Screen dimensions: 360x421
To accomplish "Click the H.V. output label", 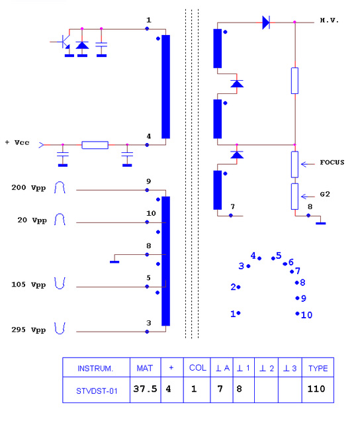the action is point(330,20).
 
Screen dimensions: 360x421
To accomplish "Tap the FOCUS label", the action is point(332,162).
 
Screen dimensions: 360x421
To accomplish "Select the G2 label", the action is point(325,194).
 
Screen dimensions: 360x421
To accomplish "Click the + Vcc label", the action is point(17,142).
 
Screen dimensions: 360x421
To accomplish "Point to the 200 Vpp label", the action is point(28,187).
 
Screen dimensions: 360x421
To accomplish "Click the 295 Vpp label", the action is point(28,330).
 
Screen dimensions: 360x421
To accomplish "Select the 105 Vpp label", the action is point(28,285).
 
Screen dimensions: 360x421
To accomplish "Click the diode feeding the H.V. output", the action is point(266,23).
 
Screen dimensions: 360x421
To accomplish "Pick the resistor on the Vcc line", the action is point(95,145).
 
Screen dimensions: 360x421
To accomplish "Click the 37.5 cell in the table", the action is point(145,389).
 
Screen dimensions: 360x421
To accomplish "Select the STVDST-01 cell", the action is point(97,391).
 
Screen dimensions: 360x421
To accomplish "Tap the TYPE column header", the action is point(318,368).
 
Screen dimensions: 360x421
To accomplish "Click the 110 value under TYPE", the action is point(316,389).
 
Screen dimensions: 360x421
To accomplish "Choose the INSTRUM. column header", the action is point(95,368).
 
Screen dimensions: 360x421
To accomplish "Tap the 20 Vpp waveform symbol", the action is point(60,219).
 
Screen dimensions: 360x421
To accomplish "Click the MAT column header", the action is point(145,368).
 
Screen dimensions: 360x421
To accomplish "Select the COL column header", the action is point(198,368).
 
